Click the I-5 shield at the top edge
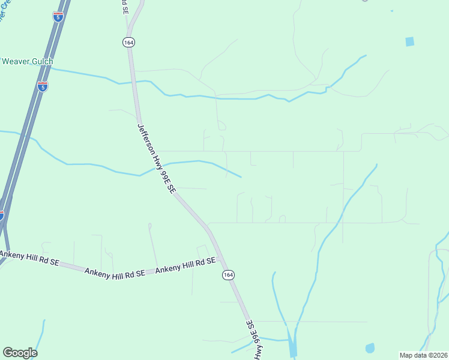tap(58, 17)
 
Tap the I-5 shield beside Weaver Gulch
tap(42, 86)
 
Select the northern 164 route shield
tap(128, 42)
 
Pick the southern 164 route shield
tap(228, 274)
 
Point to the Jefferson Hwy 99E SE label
tap(156, 158)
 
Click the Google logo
tap(20, 353)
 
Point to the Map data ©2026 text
tap(423, 355)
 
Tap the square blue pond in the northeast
tap(409, 41)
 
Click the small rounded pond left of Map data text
tap(370, 348)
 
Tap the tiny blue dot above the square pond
tap(391, 11)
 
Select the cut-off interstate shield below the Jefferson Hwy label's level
tap(1, 214)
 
